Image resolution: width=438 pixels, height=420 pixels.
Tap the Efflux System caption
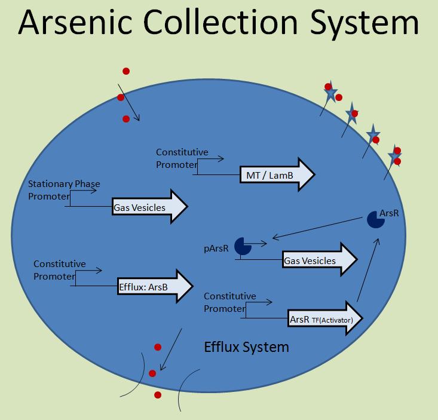pyautogui.click(x=246, y=347)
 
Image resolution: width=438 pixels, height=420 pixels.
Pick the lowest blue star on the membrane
pyautogui.click(x=394, y=156)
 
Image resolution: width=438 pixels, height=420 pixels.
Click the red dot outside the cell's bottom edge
pyautogui.click(x=158, y=395)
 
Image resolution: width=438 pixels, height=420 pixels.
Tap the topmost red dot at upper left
pyautogui.click(x=126, y=71)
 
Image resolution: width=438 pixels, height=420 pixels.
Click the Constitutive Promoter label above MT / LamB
pyautogui.click(x=182, y=158)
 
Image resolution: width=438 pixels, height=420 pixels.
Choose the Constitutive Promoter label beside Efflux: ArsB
pyautogui.click(x=59, y=270)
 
